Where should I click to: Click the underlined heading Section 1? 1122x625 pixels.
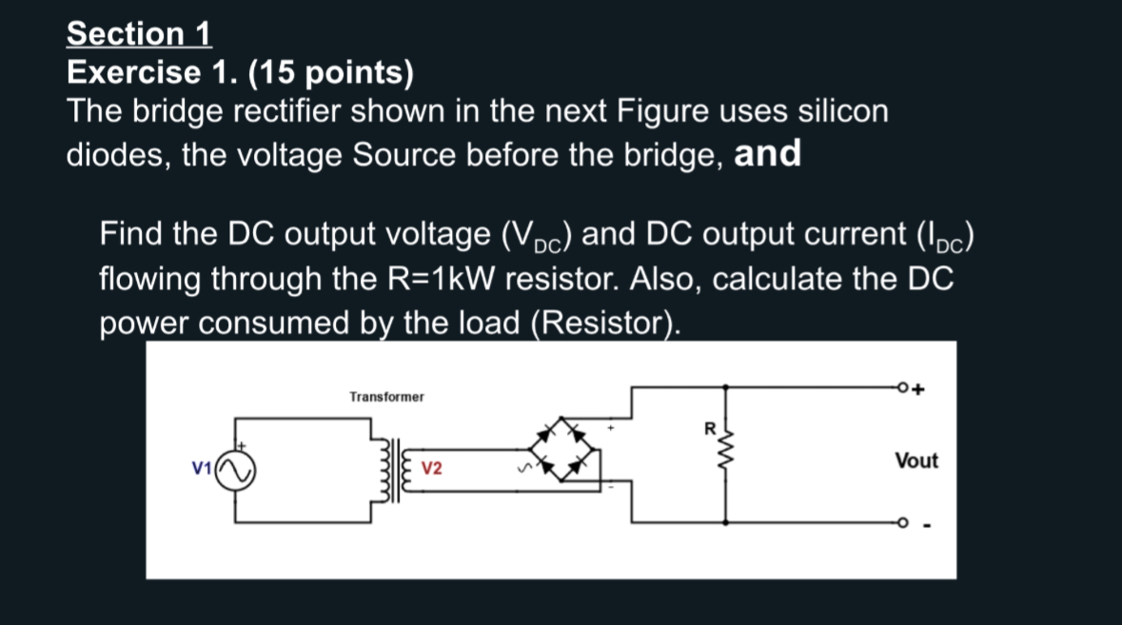click(x=139, y=33)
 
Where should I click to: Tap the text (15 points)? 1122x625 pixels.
click(x=330, y=72)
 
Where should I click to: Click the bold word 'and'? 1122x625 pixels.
click(x=767, y=154)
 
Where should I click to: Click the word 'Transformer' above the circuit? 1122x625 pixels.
click(x=386, y=397)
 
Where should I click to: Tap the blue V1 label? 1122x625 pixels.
click(x=201, y=468)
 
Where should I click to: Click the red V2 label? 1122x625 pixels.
click(x=431, y=468)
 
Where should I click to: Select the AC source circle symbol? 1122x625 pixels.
click(x=235, y=471)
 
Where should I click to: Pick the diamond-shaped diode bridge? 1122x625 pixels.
click(x=561, y=449)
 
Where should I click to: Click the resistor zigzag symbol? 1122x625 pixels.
click(x=725, y=450)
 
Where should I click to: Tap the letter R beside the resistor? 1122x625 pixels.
click(x=710, y=428)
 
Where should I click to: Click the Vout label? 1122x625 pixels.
click(x=915, y=460)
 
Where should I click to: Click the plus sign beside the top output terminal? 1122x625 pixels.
click(x=918, y=389)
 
